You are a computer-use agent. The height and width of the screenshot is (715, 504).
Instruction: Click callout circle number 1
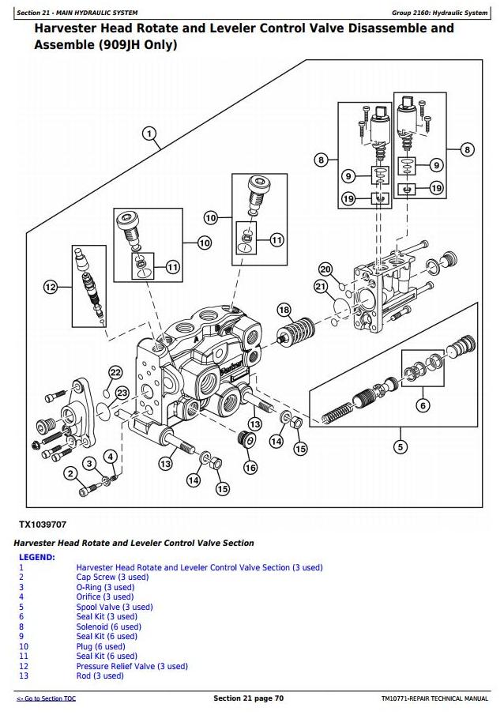pyautogui.click(x=149, y=134)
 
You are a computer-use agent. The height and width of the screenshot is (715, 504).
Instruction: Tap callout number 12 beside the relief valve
pyautogui.click(x=51, y=287)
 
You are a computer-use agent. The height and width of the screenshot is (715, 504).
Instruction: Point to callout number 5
pyautogui.click(x=401, y=448)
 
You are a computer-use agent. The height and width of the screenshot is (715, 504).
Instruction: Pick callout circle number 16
pyautogui.click(x=250, y=468)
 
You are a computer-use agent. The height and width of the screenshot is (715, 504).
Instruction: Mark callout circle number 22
pyautogui.click(x=115, y=372)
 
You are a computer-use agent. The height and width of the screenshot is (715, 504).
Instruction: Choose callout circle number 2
pyautogui.click(x=70, y=473)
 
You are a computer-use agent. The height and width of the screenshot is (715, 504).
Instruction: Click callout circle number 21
pyautogui.click(x=321, y=286)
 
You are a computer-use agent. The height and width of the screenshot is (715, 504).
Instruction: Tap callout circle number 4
pyautogui.click(x=111, y=456)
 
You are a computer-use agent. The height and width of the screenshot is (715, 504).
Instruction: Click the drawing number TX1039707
pyautogui.click(x=43, y=525)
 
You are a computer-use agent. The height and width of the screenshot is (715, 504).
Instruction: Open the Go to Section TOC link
pyautogui.click(x=47, y=699)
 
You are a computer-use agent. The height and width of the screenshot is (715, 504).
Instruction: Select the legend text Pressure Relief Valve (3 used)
pyautogui.click(x=132, y=666)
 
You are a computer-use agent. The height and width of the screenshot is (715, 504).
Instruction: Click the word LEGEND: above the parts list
pyautogui.click(x=37, y=557)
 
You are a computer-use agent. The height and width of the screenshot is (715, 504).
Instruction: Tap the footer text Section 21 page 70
pyautogui.click(x=249, y=698)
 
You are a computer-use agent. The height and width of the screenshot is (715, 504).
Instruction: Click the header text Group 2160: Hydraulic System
pyautogui.click(x=439, y=13)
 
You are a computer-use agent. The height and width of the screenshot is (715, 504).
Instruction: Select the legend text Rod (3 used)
pyautogui.click(x=100, y=675)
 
